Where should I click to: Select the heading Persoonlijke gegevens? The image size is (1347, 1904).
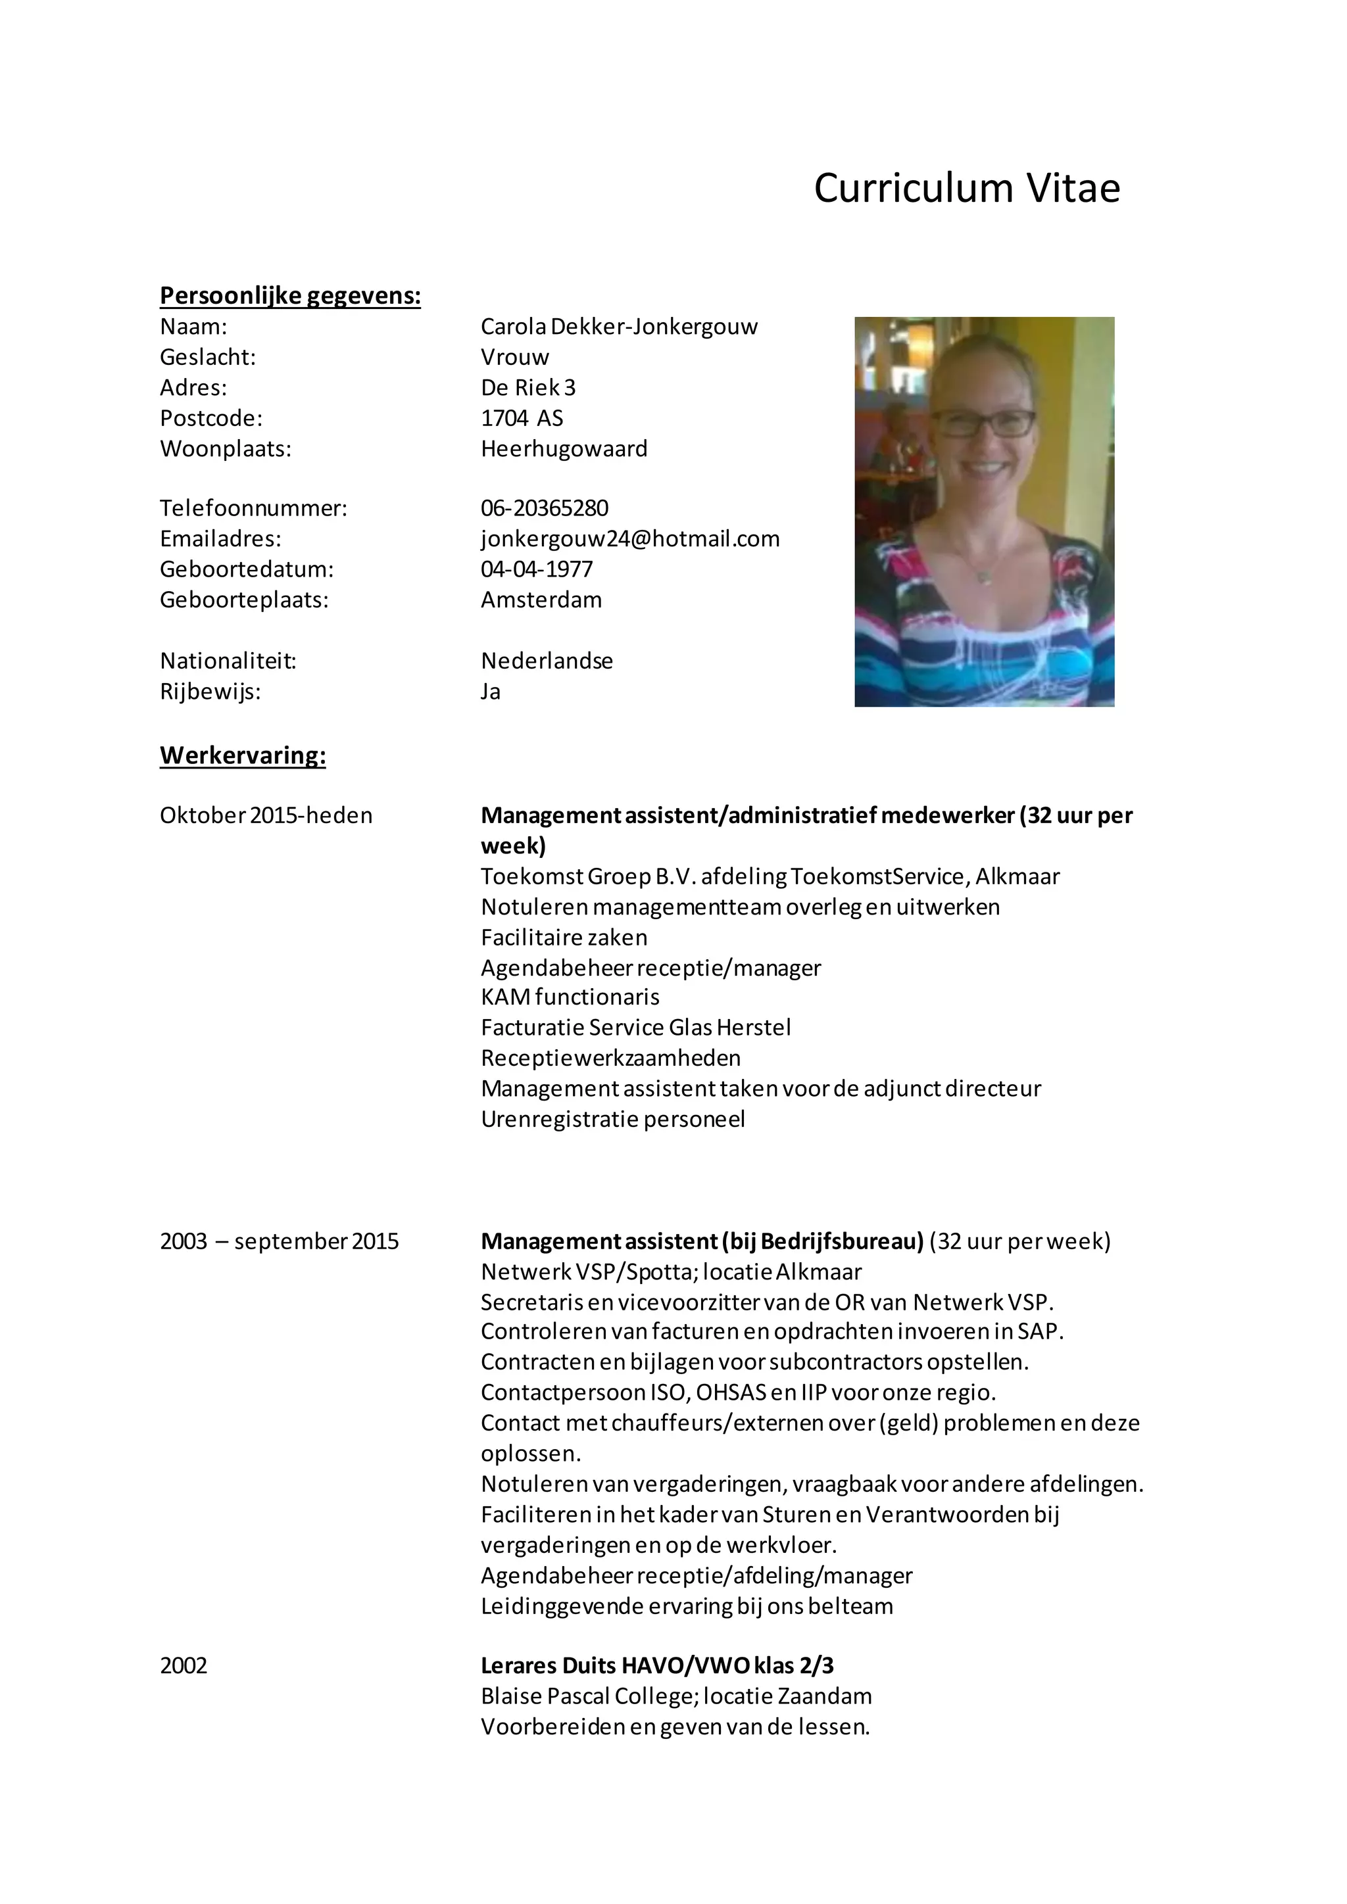click(x=290, y=296)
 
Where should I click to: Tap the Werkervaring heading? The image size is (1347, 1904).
click(x=242, y=755)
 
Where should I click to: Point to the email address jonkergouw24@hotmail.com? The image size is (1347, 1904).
click(x=629, y=539)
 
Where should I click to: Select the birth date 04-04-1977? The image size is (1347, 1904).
click(x=537, y=570)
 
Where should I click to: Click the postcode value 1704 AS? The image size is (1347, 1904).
click(x=522, y=419)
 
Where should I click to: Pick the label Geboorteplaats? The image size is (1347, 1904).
click(x=244, y=600)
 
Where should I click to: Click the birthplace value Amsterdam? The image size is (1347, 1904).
click(x=541, y=600)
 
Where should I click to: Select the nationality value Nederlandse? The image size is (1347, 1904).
click(x=547, y=662)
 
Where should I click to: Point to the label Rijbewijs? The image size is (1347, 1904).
click(x=210, y=692)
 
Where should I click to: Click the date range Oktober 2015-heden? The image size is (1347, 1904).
click(x=266, y=816)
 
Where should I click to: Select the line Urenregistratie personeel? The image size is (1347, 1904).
click(x=613, y=1120)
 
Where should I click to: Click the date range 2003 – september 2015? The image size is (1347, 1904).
click(x=279, y=1241)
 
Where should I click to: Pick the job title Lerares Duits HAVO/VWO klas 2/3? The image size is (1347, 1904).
click(x=657, y=1665)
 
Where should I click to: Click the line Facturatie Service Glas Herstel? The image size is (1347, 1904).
click(x=635, y=1028)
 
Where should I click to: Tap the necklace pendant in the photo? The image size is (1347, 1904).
click(x=985, y=578)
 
